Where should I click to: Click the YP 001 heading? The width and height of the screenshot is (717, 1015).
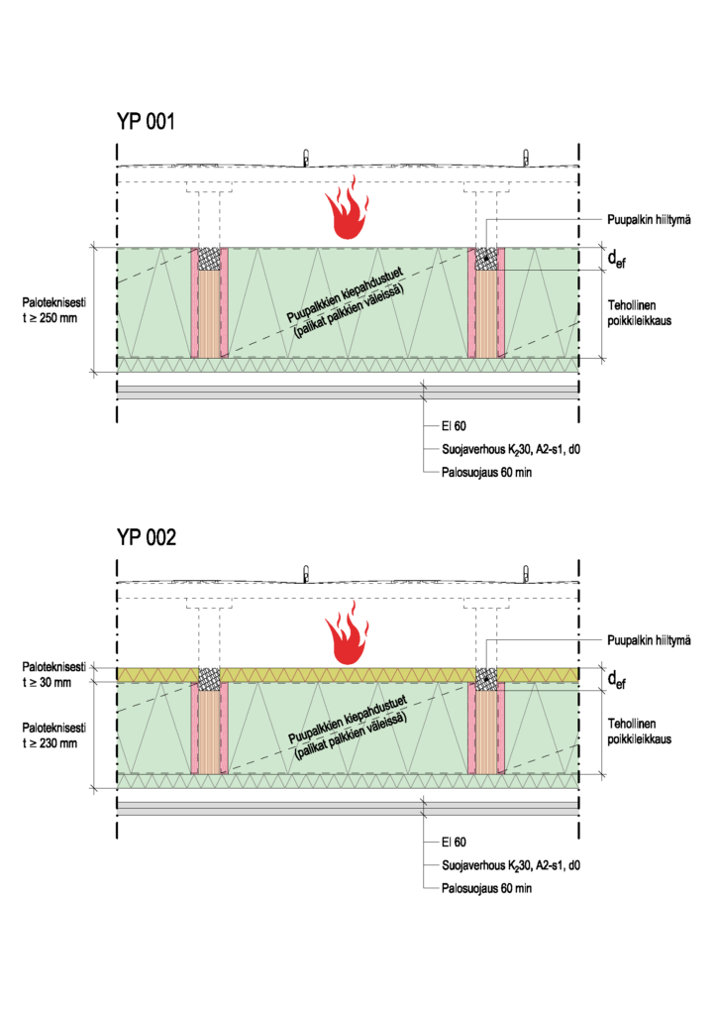pyautogui.click(x=146, y=122)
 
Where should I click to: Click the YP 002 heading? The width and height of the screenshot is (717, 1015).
pyautogui.click(x=146, y=538)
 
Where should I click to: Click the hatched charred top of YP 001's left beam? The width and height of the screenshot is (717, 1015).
pyautogui.click(x=209, y=259)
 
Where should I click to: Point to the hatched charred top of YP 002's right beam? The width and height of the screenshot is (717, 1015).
pyautogui.click(x=486, y=679)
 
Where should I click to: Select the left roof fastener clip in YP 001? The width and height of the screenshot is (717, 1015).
pyautogui.click(x=306, y=156)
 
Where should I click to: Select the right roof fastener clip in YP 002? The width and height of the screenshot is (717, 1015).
pyautogui.click(x=527, y=572)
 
